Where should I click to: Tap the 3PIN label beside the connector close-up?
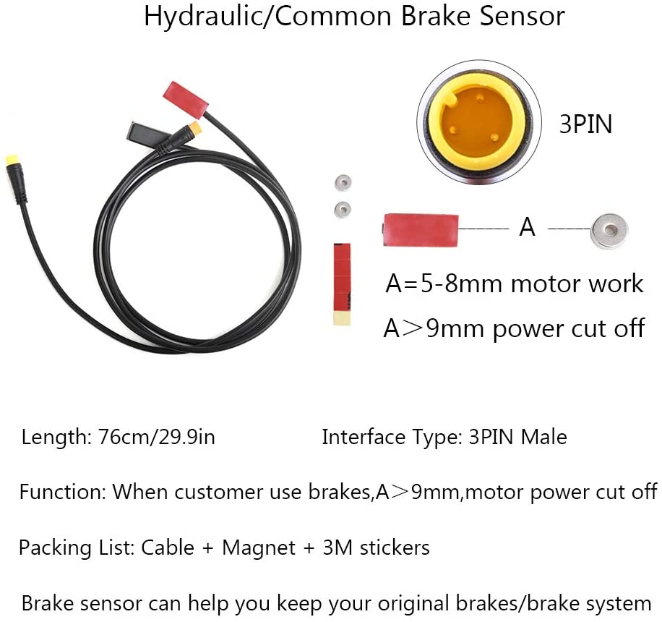click(x=585, y=124)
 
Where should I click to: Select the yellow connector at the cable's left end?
click(x=13, y=160)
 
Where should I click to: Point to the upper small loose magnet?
click(x=341, y=182)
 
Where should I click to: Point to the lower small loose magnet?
click(x=343, y=208)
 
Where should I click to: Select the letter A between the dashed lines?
click(x=528, y=227)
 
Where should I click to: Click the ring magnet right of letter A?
click(x=609, y=231)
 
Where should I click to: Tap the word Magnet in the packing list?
click(x=259, y=548)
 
